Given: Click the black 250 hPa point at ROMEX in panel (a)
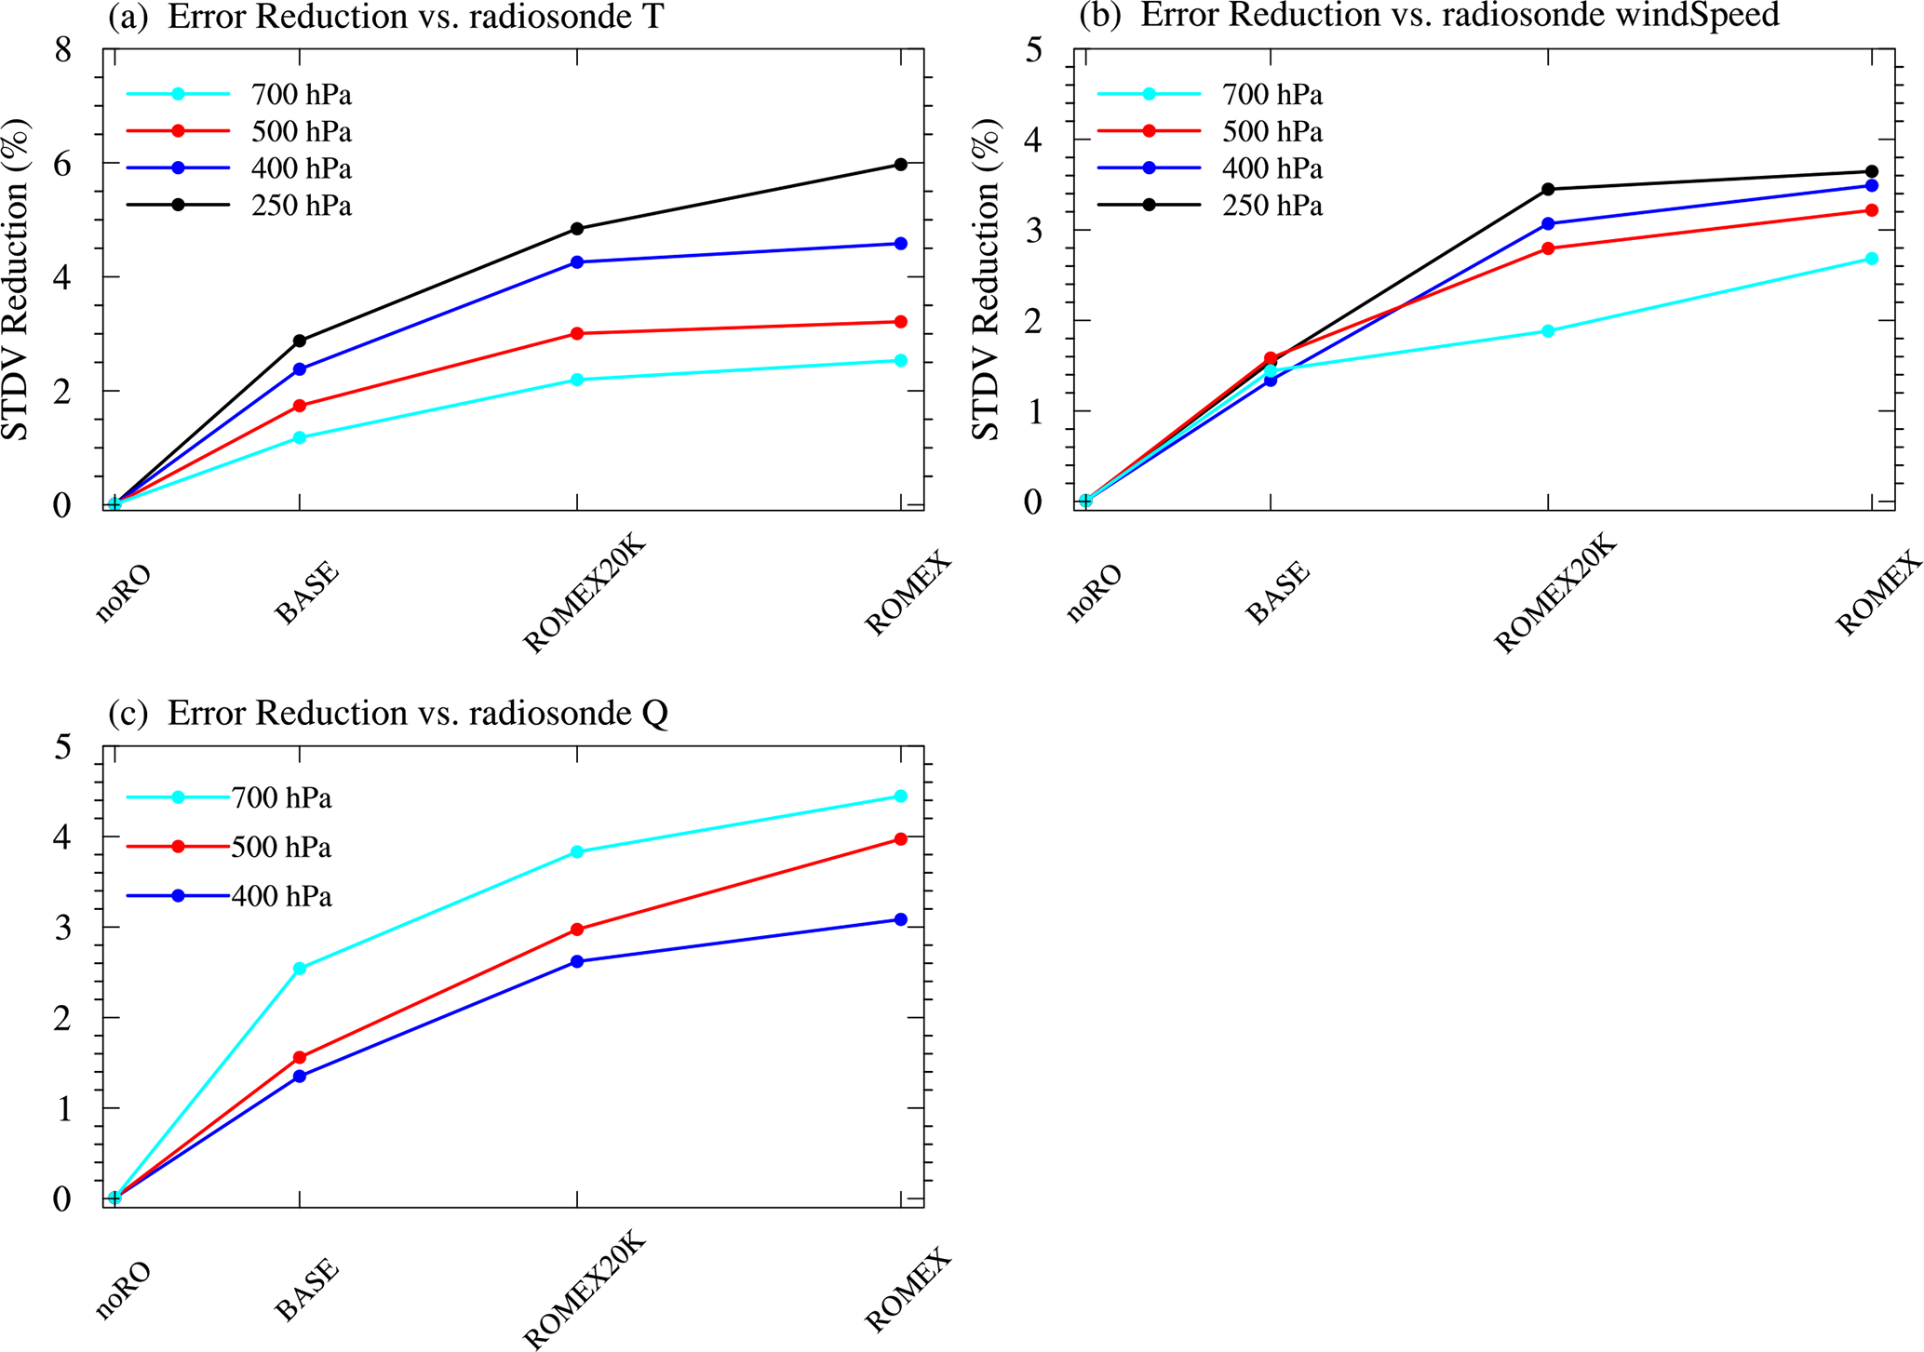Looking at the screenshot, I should [x=900, y=165].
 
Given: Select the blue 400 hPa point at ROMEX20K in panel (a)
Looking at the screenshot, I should [x=577, y=262].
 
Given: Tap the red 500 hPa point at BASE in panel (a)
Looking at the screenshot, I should [x=300, y=406].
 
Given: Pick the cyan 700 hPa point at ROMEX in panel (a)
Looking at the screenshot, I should [x=900, y=360].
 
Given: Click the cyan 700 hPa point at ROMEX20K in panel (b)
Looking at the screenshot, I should [x=1548, y=331].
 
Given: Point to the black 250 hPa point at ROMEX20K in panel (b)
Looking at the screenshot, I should [x=1548, y=189].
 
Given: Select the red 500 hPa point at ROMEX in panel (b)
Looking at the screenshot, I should [x=1872, y=210].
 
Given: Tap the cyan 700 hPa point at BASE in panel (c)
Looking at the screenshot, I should [x=300, y=969].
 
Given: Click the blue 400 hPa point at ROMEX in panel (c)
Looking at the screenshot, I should [x=900, y=919].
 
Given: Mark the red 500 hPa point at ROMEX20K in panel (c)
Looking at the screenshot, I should [x=577, y=930].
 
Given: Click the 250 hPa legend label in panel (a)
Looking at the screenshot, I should [x=301, y=206].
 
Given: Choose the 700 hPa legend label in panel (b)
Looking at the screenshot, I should [x=1271, y=95].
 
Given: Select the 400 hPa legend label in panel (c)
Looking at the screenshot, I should [x=281, y=896].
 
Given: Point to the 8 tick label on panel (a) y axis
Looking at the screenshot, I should [x=63, y=50].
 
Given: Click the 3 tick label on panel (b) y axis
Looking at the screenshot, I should [x=1033, y=230].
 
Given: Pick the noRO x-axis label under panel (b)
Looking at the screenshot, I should [x=1095, y=593].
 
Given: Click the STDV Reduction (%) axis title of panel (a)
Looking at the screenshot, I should [x=16, y=279].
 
